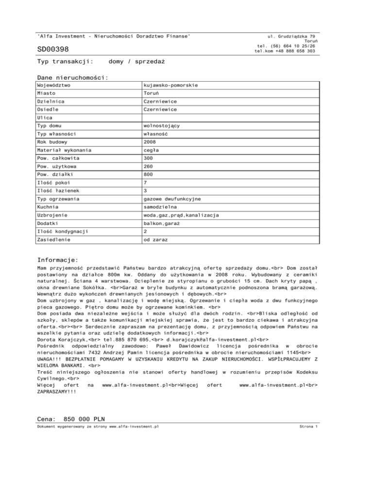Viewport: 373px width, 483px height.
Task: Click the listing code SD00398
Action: (53, 49)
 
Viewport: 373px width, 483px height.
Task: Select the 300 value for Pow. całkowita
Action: (149, 158)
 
